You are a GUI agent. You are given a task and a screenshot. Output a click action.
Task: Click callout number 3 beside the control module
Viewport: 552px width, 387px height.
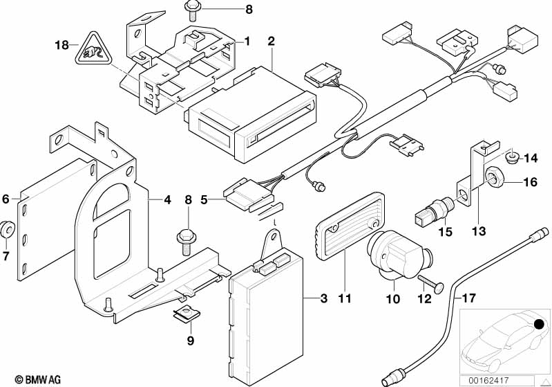323,300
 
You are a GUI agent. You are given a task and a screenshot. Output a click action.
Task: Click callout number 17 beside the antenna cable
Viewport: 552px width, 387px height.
470,300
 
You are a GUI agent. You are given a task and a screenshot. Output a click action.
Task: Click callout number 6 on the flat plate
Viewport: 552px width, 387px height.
6,199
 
